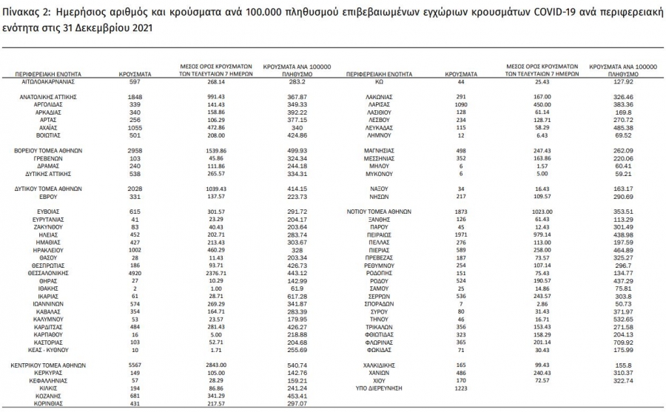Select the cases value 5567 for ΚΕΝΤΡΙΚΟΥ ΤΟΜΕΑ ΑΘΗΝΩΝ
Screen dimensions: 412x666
pyautogui.click(x=135, y=365)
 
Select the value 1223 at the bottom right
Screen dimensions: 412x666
pyautogui.click(x=461, y=388)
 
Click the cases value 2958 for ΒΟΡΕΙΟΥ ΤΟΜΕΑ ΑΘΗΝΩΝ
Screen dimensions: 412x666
pyautogui.click(x=135, y=150)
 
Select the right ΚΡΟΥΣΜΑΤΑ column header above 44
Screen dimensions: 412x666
pyautogui.click(x=461, y=75)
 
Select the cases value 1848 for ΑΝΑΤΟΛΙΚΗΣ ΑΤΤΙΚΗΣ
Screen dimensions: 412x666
pyautogui.click(x=135, y=97)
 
